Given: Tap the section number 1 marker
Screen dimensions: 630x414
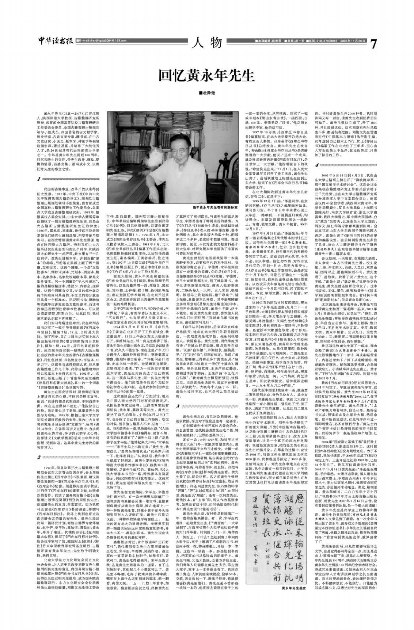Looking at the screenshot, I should click(x=39, y=179).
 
